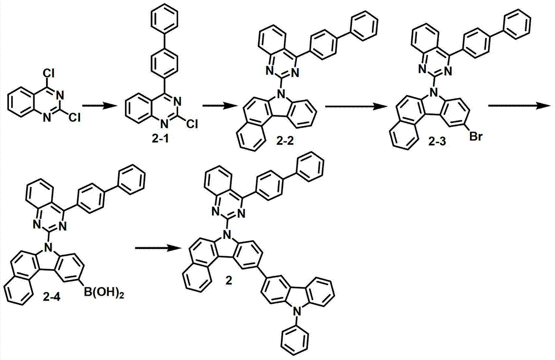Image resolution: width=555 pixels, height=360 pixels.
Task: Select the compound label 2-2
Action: coord(287,143)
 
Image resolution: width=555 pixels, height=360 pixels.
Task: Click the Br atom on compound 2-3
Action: coord(476,136)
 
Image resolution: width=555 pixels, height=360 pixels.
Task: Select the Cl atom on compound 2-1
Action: coord(191,123)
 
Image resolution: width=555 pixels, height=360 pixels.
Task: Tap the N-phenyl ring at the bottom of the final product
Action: coord(295,340)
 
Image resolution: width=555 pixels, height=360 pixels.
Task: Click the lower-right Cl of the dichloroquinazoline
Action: coord(75,116)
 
